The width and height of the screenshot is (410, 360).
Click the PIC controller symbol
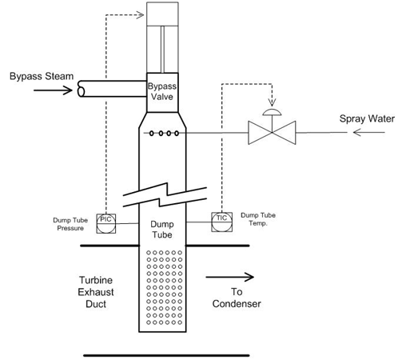(x=106, y=223)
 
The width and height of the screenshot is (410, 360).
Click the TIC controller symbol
(x=221, y=222)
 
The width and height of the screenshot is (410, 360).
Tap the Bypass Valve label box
(x=162, y=92)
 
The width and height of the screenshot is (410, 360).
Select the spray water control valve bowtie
(x=272, y=133)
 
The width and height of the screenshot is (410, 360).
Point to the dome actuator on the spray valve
(x=272, y=112)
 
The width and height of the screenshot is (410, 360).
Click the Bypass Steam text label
(x=42, y=76)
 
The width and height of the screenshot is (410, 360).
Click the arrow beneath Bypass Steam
(x=53, y=90)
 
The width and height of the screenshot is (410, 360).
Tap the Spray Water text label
(x=367, y=118)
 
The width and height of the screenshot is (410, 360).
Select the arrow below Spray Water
(x=369, y=132)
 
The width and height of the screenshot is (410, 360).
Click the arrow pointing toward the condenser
(x=229, y=277)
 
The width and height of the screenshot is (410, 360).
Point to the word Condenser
(x=237, y=304)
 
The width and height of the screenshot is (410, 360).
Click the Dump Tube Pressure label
(x=70, y=224)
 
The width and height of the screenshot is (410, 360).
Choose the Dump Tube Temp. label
(x=258, y=219)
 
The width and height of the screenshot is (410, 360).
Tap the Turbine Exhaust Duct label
(x=96, y=292)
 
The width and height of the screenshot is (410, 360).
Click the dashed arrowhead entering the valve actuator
(x=140, y=14)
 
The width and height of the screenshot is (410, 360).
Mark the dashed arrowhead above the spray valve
(x=272, y=102)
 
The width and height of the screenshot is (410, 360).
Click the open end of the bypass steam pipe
(x=81, y=89)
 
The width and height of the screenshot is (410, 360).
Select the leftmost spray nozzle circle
(x=151, y=133)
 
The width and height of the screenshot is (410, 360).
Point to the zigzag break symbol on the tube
(x=165, y=194)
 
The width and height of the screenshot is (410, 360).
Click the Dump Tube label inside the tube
(x=162, y=230)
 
